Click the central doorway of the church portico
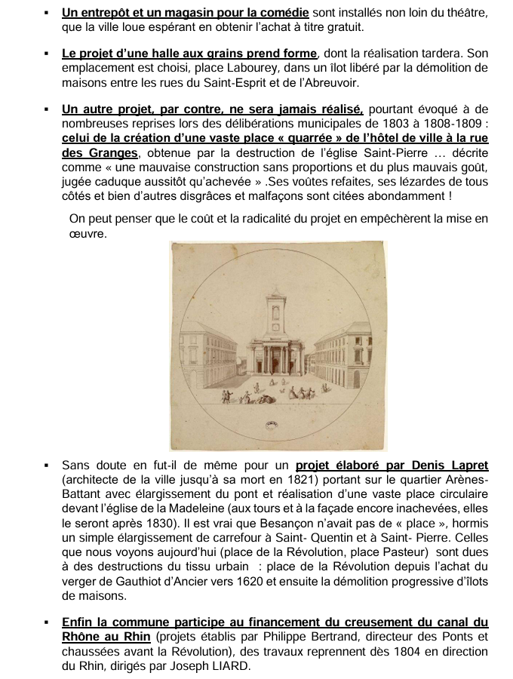276,364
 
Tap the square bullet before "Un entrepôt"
47,14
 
